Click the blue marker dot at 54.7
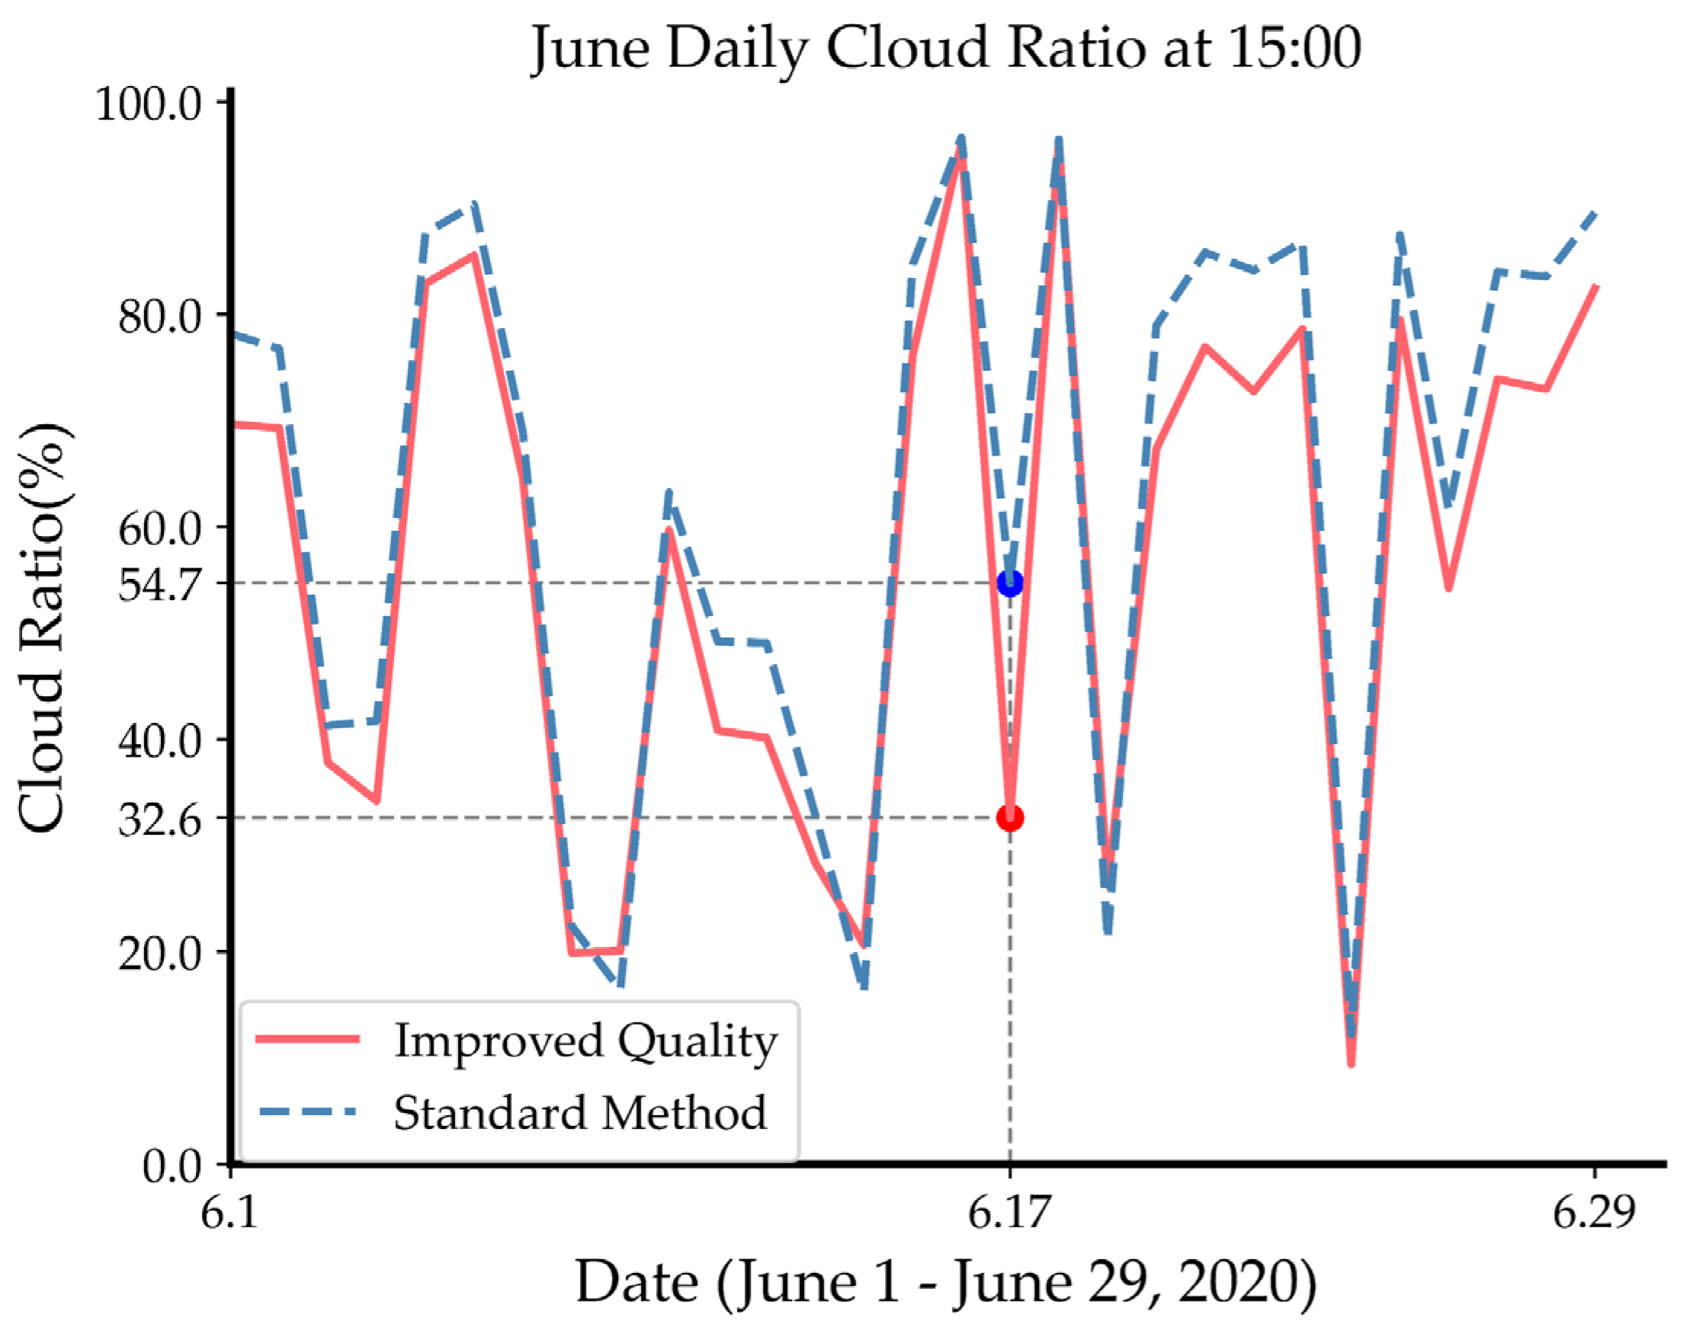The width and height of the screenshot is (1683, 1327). [1009, 583]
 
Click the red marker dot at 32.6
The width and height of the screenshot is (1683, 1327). [1009, 817]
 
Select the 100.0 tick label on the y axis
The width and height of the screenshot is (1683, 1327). [148, 104]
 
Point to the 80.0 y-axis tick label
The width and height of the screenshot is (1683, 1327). [159, 315]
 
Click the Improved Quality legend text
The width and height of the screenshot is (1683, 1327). [585, 1042]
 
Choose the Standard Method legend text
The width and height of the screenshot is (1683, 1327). [580, 1113]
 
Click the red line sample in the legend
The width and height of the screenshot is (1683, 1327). [308, 1039]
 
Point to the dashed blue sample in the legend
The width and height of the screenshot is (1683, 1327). [308, 1111]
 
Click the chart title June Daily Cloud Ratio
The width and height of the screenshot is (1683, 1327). [945, 48]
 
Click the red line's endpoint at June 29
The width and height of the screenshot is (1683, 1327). [1595, 286]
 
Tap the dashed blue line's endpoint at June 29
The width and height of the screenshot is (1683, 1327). [1595, 212]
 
